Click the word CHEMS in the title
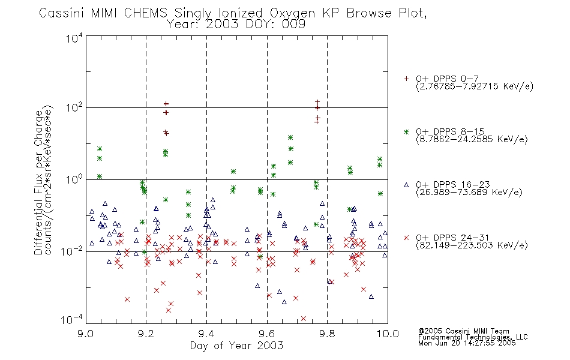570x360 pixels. point(145,13)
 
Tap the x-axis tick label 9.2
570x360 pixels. point(146,334)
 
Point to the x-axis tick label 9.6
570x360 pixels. point(267,334)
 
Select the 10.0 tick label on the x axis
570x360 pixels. point(387,334)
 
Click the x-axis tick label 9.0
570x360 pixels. point(85,334)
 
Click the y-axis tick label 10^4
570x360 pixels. point(74,38)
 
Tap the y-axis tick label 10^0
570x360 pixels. point(74,179)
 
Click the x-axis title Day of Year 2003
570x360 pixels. point(236,346)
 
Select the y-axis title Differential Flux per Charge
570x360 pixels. point(38,182)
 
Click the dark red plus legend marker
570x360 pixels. point(406,79)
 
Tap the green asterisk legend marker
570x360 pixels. point(406,131)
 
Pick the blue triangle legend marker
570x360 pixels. point(406,185)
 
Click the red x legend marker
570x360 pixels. point(406,238)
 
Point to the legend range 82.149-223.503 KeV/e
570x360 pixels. point(472,245)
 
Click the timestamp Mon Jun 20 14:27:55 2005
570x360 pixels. point(467,343)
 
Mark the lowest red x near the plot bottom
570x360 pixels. point(304,319)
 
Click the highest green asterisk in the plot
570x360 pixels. point(290,137)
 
